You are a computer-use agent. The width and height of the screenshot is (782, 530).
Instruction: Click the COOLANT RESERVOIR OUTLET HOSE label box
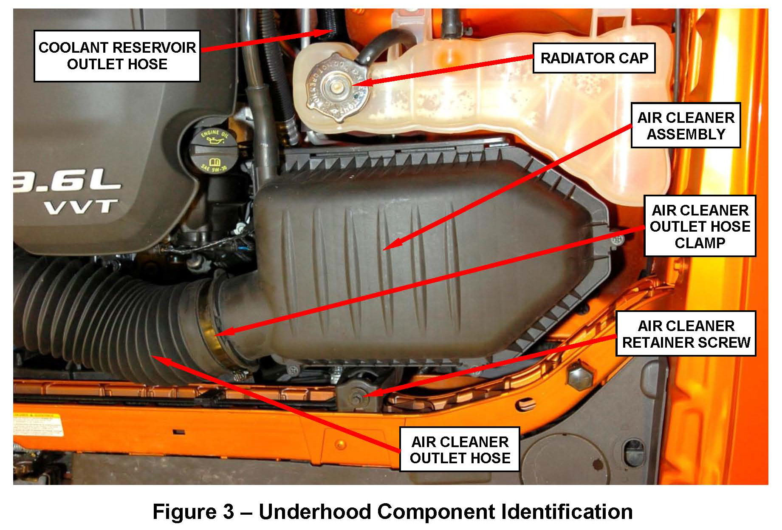(x=117, y=56)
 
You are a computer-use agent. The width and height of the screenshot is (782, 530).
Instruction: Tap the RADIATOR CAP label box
(x=594, y=58)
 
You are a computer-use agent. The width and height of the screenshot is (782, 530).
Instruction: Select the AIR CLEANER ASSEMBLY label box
(x=686, y=125)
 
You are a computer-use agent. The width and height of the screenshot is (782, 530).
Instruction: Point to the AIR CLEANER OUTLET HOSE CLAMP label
(x=700, y=226)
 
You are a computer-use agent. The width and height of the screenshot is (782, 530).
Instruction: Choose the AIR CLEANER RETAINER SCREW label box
(x=686, y=334)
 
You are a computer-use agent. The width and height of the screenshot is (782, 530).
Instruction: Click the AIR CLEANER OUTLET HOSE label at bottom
(x=460, y=449)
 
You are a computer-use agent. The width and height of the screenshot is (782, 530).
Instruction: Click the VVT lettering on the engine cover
(x=81, y=208)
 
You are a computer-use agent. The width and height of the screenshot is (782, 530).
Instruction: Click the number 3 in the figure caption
(x=229, y=511)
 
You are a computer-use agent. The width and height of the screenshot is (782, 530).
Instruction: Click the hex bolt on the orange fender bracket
(x=577, y=376)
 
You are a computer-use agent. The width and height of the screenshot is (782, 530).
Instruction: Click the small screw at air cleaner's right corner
(x=617, y=241)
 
